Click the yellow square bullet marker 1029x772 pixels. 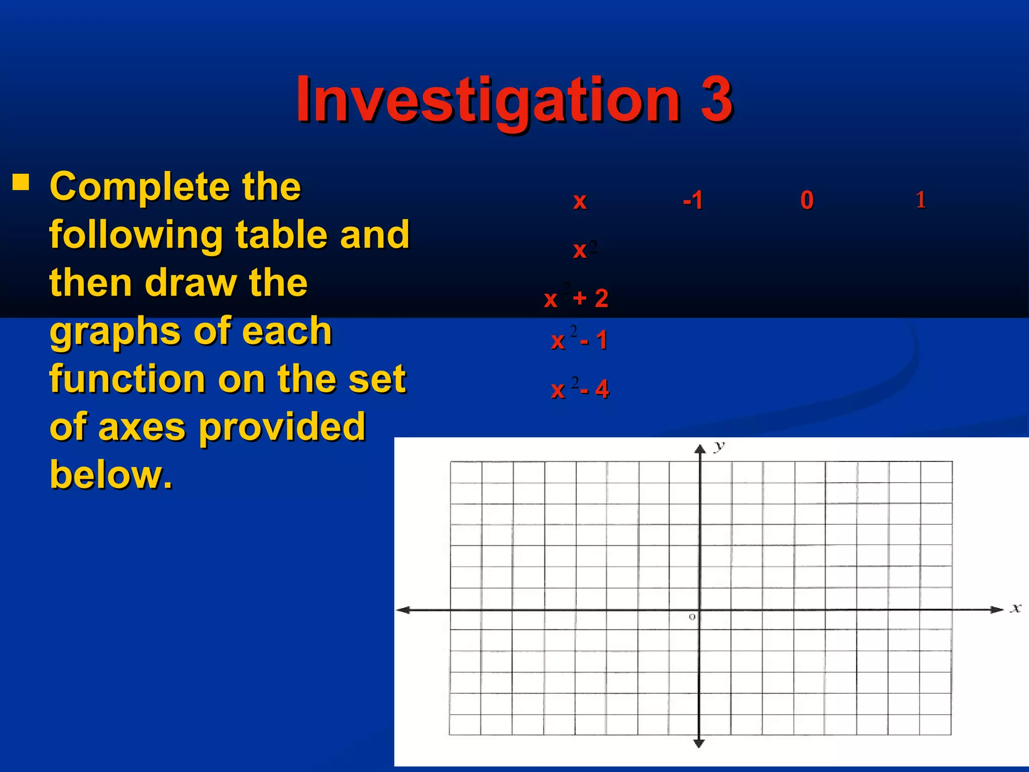[21, 182]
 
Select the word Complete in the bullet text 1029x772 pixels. [139, 187]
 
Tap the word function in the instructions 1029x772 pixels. [128, 379]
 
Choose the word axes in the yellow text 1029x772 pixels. [142, 427]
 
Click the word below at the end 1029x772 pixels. [111, 474]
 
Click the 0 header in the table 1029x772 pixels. [807, 201]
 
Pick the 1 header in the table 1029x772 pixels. [920, 200]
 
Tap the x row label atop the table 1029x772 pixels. [580, 201]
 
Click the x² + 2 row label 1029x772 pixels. [576, 299]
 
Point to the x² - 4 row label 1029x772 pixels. [579, 389]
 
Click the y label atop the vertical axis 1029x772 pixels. [719, 445]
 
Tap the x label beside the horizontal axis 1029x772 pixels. [1015, 608]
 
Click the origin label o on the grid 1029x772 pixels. [692, 617]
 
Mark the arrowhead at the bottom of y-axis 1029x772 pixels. [699, 743]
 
